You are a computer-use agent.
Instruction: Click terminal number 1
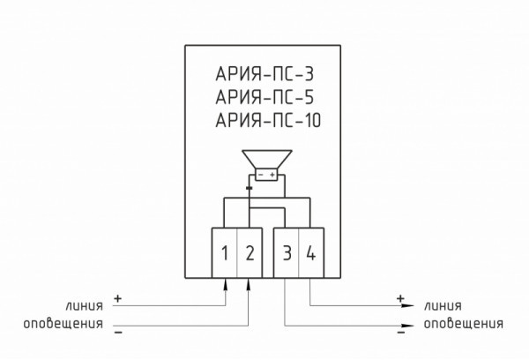(226, 254)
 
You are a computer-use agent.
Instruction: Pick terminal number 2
(250, 254)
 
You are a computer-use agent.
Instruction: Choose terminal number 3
(287, 254)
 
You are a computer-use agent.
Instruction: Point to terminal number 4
(310, 254)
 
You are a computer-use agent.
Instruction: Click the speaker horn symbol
(264, 160)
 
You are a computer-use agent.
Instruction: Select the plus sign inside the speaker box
(272, 175)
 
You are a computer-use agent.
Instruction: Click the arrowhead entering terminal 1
(226, 283)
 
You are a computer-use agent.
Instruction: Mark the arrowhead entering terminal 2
(250, 283)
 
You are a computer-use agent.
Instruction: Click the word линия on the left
(84, 305)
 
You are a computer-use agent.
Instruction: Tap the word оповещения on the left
(63, 325)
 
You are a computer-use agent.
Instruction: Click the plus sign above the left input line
(118, 296)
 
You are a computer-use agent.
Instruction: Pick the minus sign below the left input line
(118, 334)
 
